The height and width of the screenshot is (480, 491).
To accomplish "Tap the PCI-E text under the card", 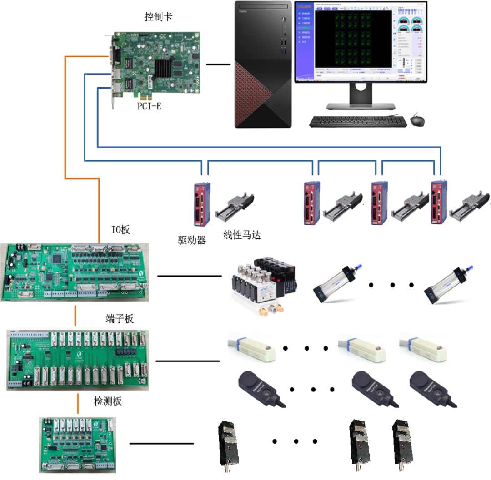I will click(x=150, y=107).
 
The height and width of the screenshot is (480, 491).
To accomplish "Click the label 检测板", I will click(x=108, y=401).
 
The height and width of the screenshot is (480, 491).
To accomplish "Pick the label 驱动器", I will click(x=192, y=240).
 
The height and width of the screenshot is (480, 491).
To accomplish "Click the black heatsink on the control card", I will click(x=165, y=68).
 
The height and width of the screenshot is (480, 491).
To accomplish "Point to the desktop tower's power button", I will click(x=284, y=20).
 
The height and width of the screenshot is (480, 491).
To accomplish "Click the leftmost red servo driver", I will click(x=202, y=203).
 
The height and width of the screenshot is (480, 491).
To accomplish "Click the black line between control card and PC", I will click(x=218, y=64).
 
